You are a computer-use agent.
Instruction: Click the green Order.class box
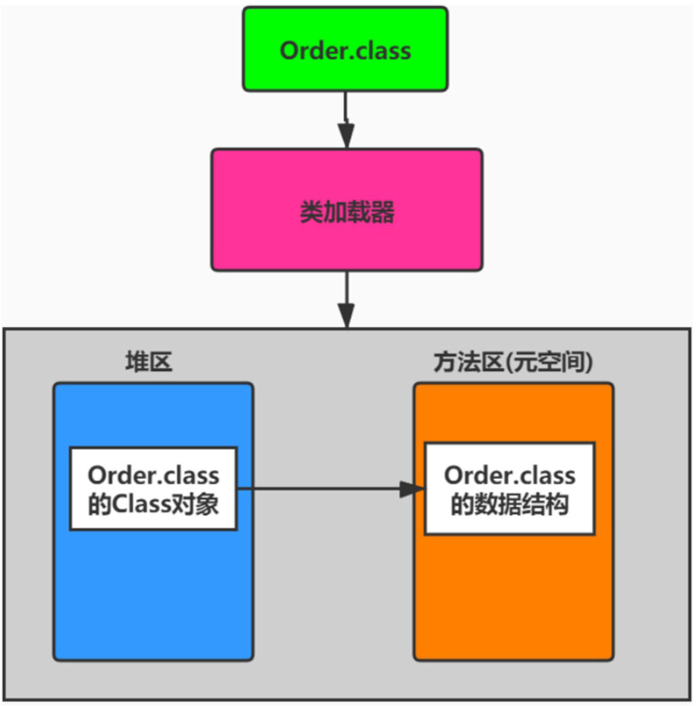point(345,49)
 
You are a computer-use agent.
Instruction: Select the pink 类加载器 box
point(347,210)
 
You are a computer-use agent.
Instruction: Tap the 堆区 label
point(146,361)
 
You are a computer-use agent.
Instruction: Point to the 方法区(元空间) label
point(512,361)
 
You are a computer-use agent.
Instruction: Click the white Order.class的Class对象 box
point(153,489)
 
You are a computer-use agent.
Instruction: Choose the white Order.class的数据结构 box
point(509,489)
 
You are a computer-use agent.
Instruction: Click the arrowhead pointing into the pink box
point(345,136)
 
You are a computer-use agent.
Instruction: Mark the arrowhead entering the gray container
point(345,315)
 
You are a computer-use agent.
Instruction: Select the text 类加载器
point(347,212)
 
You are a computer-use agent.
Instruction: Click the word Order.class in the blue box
point(153,474)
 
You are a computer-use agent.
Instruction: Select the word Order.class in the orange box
point(509,474)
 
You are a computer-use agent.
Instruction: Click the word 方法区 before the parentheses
point(466,361)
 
